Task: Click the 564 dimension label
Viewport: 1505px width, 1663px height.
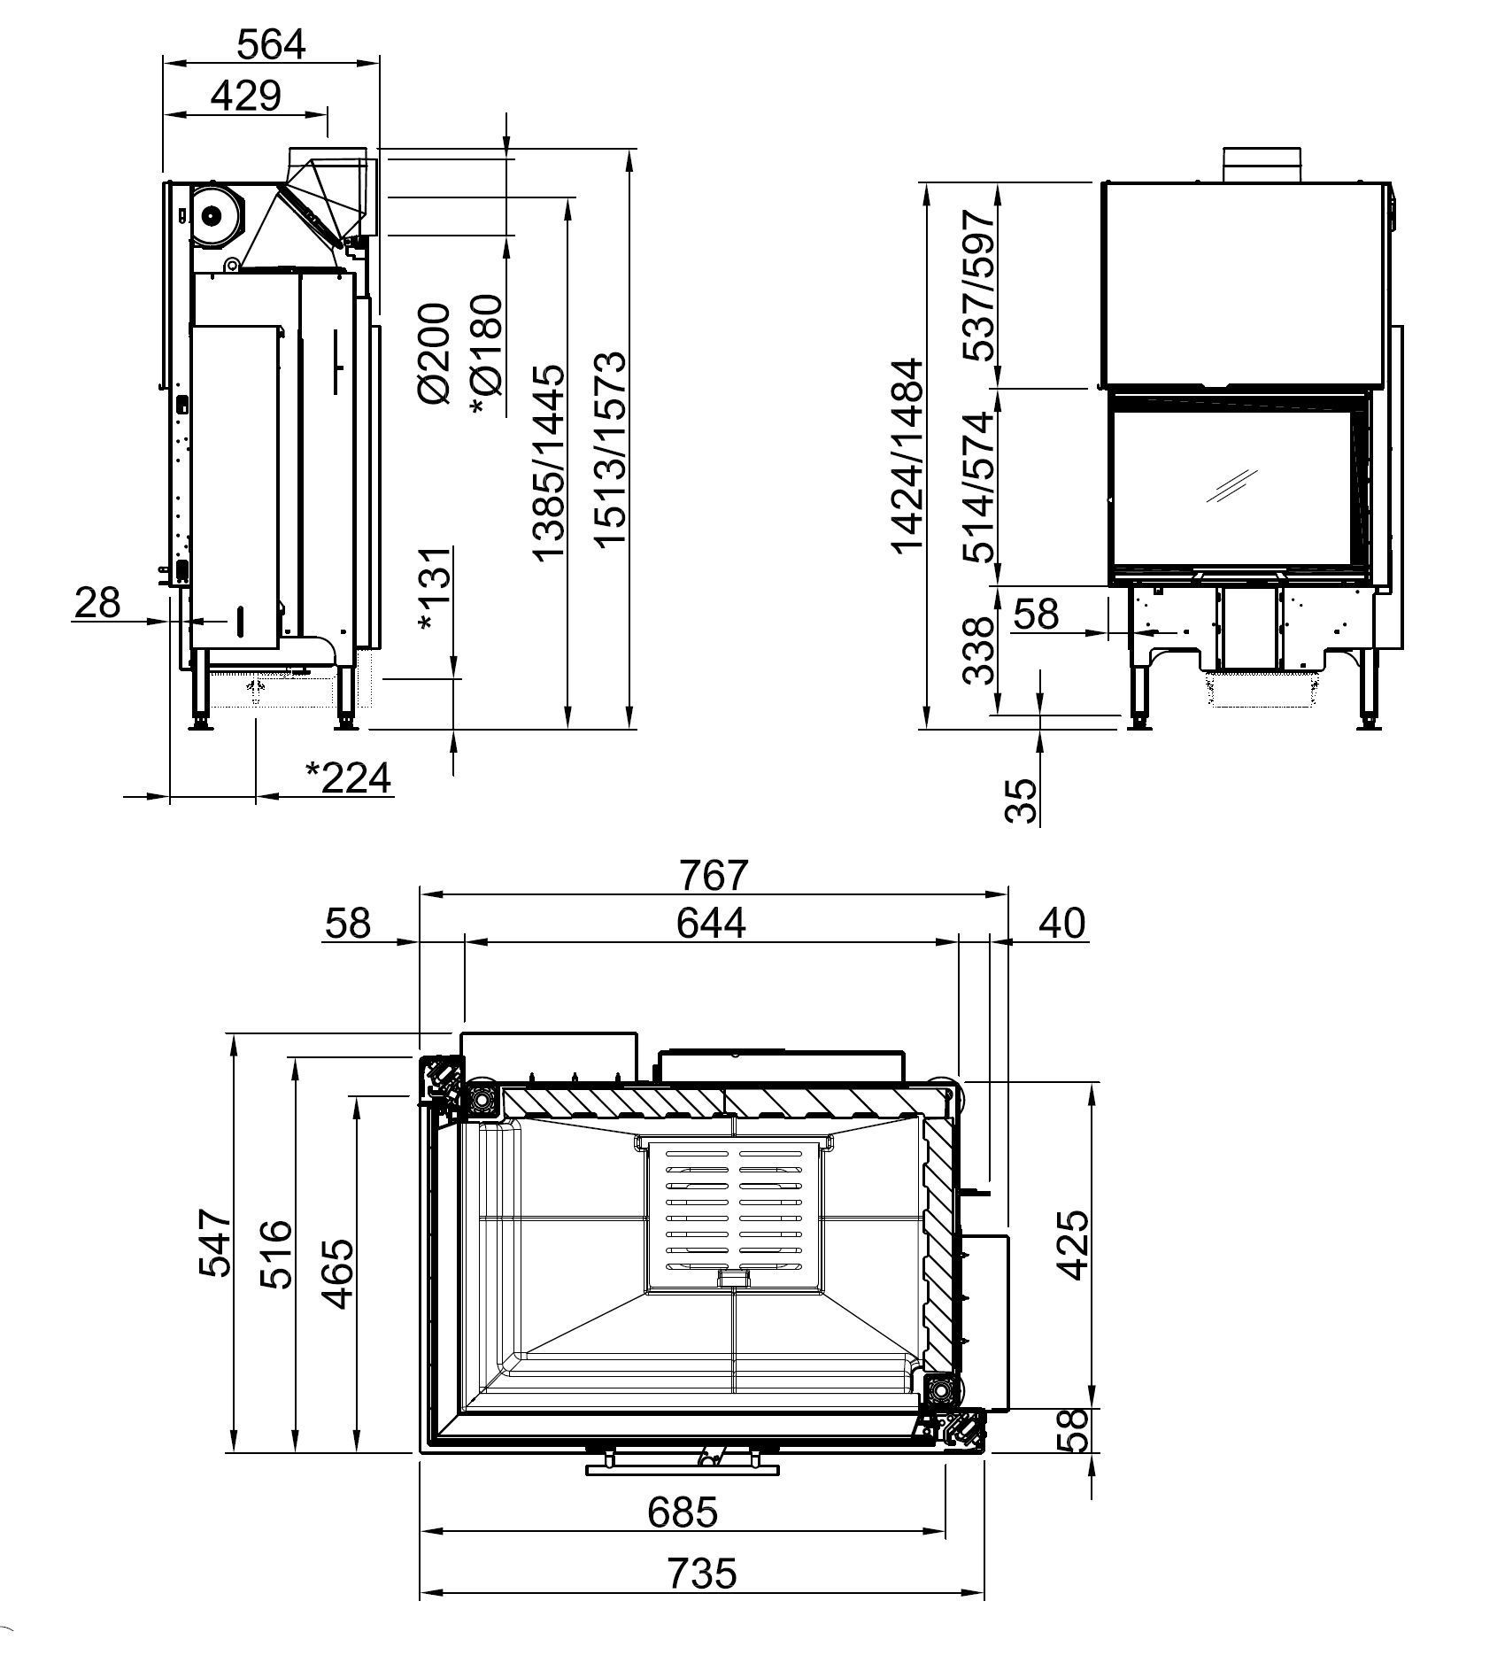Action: coord(271,44)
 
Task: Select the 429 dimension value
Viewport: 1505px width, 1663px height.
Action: coord(245,96)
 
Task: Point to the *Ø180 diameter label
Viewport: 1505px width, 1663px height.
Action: coord(486,355)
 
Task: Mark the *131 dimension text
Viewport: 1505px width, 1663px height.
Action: coord(436,588)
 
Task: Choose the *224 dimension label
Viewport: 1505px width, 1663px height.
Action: coord(347,778)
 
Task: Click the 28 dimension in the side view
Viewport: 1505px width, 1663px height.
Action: coord(96,603)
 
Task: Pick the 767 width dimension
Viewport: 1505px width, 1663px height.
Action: coord(714,875)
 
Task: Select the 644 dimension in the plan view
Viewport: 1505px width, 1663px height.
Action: coord(711,924)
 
